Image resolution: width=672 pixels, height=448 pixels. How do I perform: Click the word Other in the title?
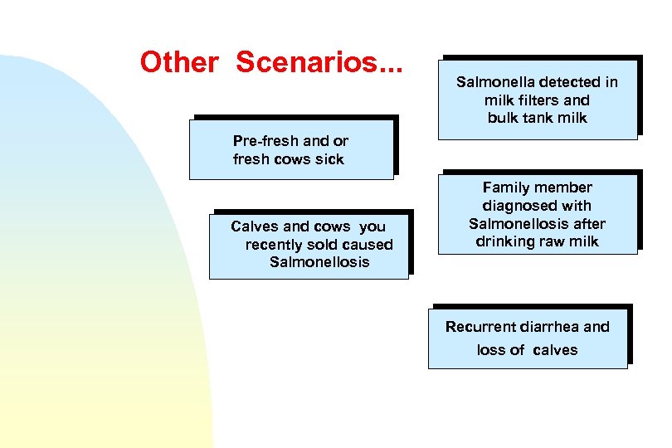[x=179, y=61]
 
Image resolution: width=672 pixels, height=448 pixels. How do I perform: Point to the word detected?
[x=570, y=82]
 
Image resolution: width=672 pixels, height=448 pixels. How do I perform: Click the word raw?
[x=554, y=242]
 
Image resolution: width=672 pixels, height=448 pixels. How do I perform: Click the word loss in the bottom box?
[x=490, y=350]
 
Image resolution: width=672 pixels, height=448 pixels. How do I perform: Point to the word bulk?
[x=503, y=118]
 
